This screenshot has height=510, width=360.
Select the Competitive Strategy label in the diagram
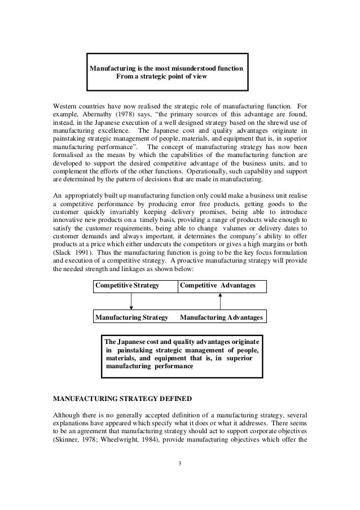tap(128, 287)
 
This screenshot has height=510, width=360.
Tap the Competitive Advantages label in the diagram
tap(217, 287)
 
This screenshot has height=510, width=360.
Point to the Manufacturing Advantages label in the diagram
tap(221, 318)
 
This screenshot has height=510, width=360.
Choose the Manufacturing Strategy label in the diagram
tap(132, 318)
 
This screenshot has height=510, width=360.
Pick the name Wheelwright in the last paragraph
tap(116, 435)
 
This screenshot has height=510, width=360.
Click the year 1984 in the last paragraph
tap(149, 435)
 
